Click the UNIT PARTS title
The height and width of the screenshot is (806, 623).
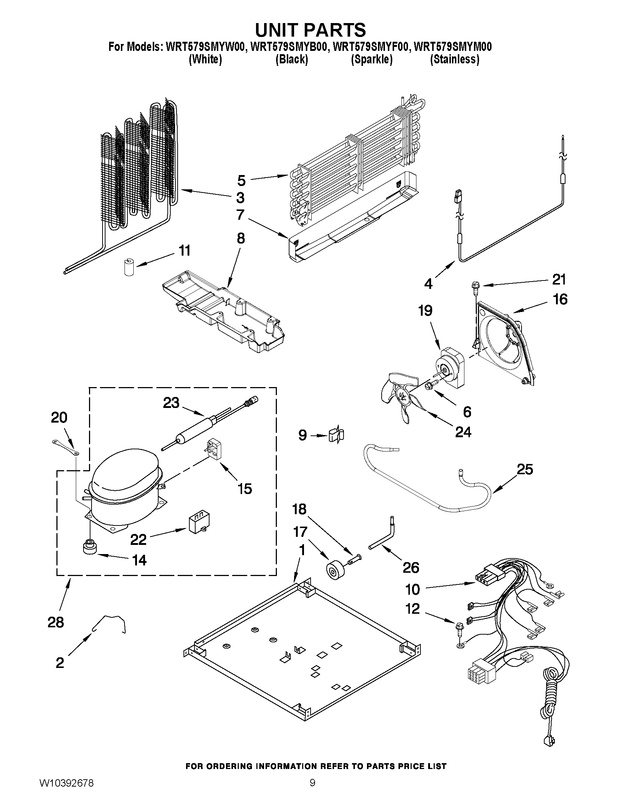[x=310, y=30]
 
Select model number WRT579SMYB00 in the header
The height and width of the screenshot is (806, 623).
[x=289, y=47]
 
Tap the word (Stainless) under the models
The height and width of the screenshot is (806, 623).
[x=454, y=59]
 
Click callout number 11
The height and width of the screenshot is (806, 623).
[x=185, y=250]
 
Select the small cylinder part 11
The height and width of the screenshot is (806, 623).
[x=128, y=267]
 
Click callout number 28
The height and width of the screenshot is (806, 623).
[x=56, y=622]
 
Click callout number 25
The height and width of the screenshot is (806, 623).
[x=525, y=469]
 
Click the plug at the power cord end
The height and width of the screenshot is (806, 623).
[x=549, y=740]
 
